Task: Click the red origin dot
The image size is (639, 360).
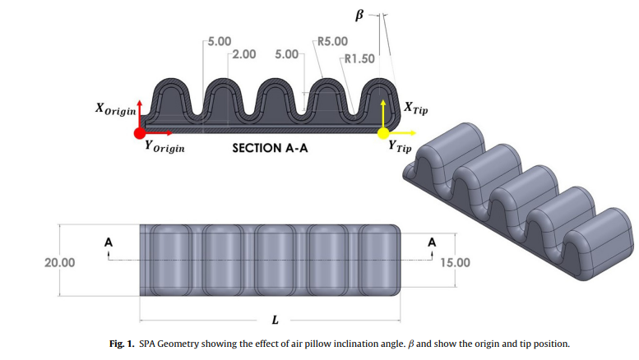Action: point(140,132)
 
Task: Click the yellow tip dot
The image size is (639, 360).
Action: point(383,132)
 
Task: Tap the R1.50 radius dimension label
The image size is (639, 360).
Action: point(359,58)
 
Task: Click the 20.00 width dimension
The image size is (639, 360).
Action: point(59,263)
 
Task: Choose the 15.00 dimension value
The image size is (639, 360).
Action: point(456,263)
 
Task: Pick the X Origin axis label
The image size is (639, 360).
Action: point(115,109)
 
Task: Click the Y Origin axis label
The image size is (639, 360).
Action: point(164,148)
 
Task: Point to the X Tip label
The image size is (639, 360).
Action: point(415,108)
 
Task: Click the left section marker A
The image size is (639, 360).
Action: point(107,242)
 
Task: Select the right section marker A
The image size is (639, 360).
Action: point(432,242)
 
